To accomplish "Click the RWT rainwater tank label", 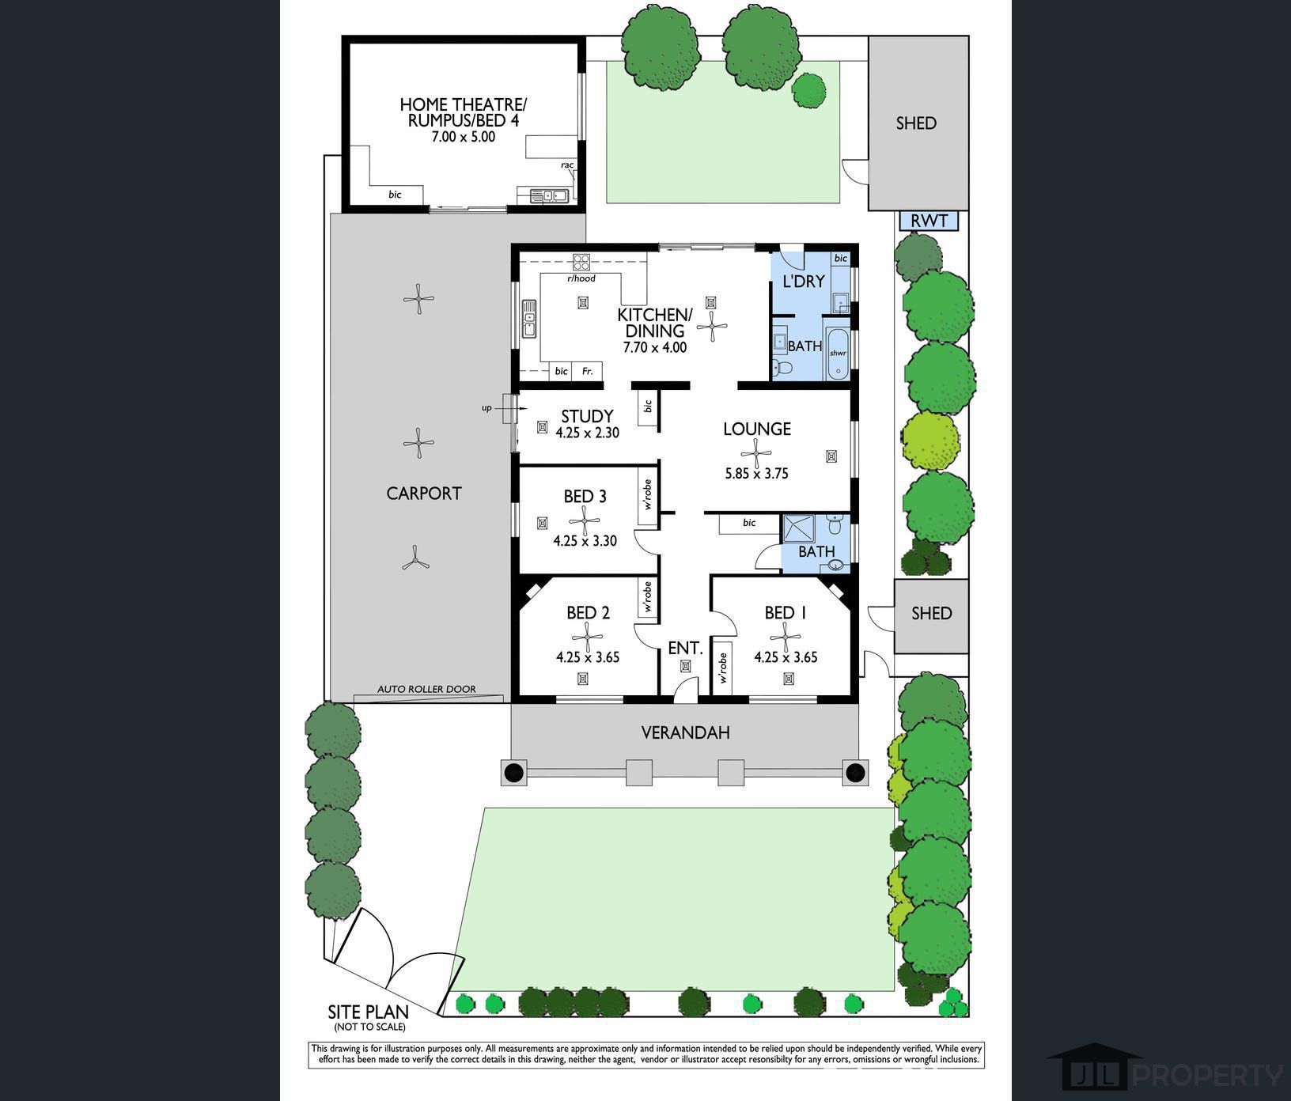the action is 929,221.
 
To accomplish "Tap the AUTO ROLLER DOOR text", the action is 426,689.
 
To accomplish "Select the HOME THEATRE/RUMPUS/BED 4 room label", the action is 463,112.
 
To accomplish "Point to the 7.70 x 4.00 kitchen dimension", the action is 654,347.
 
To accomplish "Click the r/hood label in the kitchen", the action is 581,278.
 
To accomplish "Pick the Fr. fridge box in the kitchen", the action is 587,371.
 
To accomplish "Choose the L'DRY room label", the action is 803,281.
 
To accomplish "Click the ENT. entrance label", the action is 685,648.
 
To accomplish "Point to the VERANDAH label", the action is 685,732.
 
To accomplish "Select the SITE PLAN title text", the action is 369,1012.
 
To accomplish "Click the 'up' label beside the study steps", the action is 486,408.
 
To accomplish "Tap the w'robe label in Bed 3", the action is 647,494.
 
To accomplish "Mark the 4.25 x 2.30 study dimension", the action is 587,433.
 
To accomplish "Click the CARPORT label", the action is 424,493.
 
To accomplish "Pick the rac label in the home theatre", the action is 567,165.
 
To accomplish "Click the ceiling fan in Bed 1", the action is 786,636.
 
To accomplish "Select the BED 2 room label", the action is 588,613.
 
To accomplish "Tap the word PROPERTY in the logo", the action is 1209,1076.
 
